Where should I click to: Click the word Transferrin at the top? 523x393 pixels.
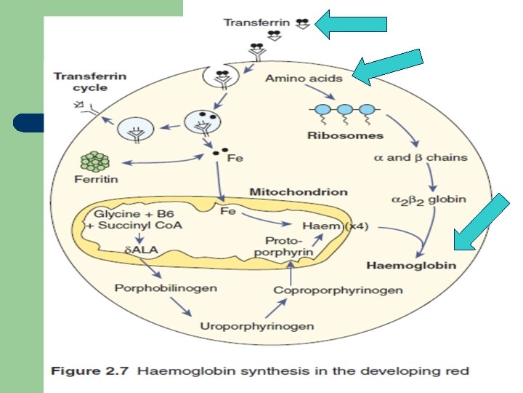coord(256,23)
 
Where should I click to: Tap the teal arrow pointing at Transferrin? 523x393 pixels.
coord(351,24)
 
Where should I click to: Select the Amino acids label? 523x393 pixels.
coord(304,78)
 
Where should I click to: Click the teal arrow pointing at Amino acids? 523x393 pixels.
coord(388,67)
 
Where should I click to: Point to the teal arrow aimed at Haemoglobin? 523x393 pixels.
coord(482,222)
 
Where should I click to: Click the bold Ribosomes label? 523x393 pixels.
coord(345,135)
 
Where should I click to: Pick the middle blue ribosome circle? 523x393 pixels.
coord(345,110)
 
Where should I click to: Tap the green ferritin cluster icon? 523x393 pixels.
coord(95,162)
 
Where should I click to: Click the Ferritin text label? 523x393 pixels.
coord(96,179)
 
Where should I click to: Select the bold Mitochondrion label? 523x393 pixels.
coord(299,192)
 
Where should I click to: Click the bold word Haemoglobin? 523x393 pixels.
coord(411,266)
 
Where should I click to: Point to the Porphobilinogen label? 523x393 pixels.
coord(166,288)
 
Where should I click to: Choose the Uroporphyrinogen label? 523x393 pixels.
coord(257,326)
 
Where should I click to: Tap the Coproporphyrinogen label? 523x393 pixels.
coord(338,290)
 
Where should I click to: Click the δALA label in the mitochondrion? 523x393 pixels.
coord(141,250)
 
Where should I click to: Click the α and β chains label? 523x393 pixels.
coord(421,157)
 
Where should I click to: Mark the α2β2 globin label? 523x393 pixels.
coord(429,200)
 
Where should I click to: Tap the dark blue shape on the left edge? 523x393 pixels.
coord(28,123)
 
